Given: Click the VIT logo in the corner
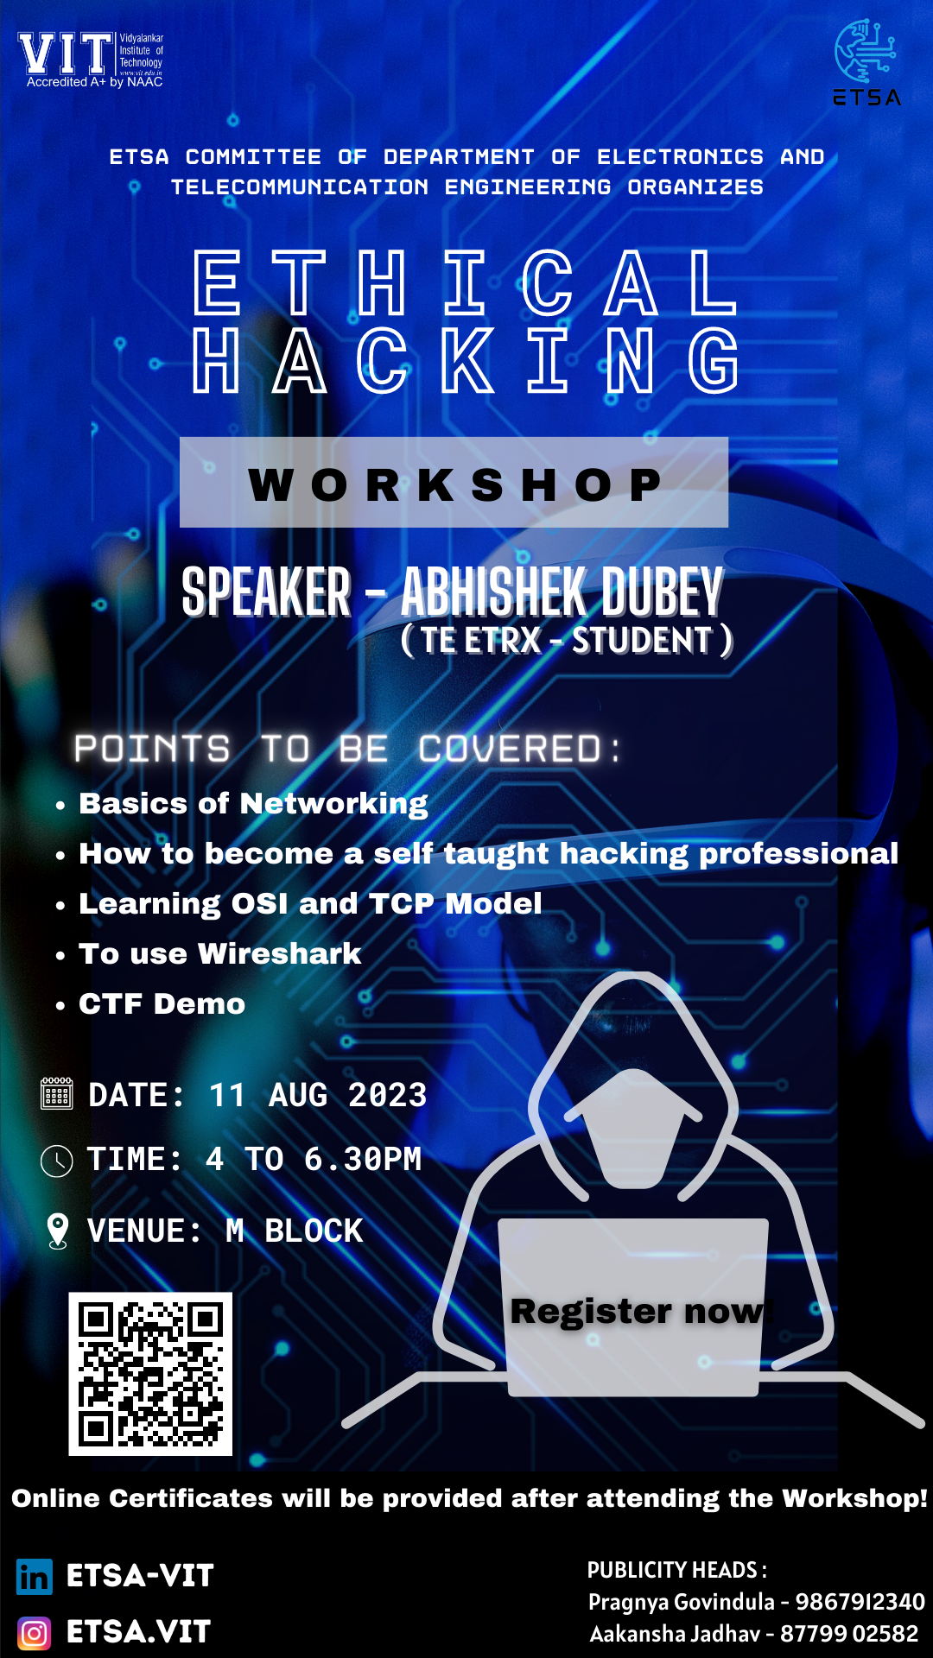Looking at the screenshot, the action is [x=91, y=60].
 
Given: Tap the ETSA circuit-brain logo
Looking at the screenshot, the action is [x=866, y=62].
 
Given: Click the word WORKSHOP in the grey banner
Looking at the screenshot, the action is [x=454, y=484].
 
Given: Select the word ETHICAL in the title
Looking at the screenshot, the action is [x=465, y=282].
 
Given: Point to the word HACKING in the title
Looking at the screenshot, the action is [x=465, y=360].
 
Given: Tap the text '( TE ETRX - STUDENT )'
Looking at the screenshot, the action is [x=567, y=640].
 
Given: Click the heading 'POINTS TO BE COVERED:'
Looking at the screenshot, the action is [x=347, y=749].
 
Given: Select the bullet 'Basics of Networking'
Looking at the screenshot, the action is [x=253, y=804].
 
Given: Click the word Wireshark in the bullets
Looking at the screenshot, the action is [x=280, y=953].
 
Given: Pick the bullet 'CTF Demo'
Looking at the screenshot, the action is [x=162, y=1003].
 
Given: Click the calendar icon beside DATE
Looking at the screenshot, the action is [x=57, y=1093].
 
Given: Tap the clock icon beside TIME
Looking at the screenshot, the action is [x=57, y=1161].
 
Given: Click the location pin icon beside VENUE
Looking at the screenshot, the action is [x=58, y=1231].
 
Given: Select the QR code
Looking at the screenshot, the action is [x=150, y=1374].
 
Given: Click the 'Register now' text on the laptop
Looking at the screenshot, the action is [x=638, y=1311].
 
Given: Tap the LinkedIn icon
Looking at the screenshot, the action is [x=35, y=1577].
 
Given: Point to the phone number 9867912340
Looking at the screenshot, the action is [x=860, y=1602].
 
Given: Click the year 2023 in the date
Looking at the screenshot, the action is [x=387, y=1095].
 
